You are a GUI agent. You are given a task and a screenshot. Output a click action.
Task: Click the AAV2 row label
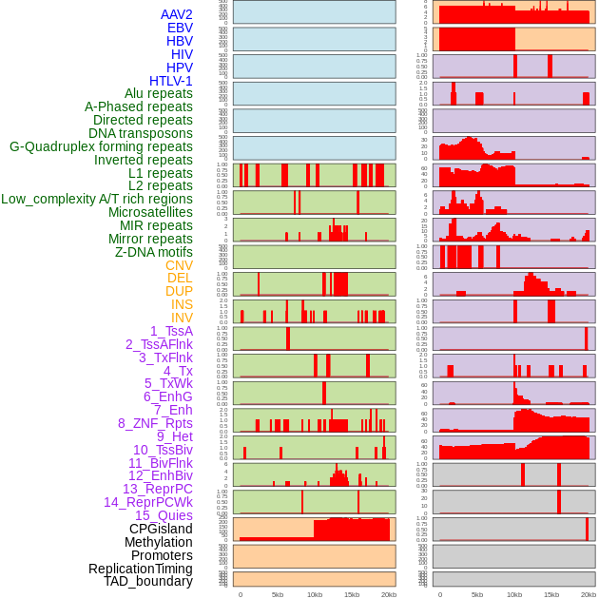tap(177, 15)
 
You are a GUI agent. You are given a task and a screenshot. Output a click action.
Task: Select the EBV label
tap(180, 29)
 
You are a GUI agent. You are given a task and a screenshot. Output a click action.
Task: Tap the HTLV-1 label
tap(171, 81)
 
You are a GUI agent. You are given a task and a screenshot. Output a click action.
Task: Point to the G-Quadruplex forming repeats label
tap(101, 146)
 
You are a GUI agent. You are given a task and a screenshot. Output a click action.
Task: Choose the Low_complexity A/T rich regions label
tap(97, 199)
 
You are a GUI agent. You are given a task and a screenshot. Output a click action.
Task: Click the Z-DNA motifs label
tap(153, 252)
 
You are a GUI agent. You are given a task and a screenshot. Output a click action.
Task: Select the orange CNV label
tap(179, 265)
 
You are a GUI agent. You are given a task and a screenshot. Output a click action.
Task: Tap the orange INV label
tap(182, 318)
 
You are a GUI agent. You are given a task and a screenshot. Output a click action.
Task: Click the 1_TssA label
tap(171, 331)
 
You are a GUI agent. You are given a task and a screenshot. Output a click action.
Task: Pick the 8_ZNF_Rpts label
tap(155, 423)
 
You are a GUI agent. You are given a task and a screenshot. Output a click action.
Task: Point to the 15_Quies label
tap(164, 515)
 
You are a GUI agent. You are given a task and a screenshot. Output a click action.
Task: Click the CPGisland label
tap(161, 529)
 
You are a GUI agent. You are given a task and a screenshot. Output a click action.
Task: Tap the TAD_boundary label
tap(148, 581)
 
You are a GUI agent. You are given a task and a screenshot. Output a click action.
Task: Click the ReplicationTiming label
tap(141, 569)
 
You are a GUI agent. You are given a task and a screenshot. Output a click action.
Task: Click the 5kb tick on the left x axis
tap(278, 595)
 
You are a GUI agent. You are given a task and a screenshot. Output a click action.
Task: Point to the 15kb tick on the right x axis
tap(551, 595)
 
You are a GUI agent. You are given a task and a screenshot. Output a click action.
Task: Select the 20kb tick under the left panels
tap(389, 595)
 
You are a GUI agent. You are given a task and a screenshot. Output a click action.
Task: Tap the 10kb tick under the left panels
tap(314, 595)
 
